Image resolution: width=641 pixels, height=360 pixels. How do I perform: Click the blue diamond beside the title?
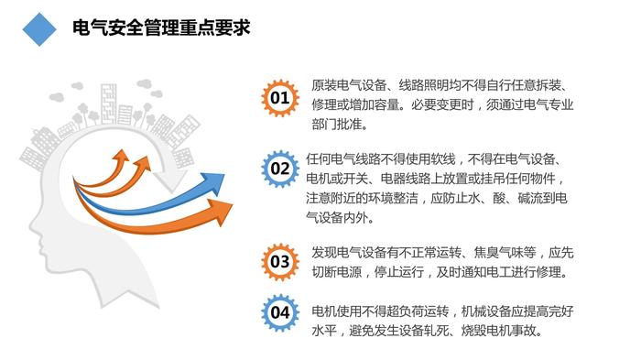pyautogui.click(x=39, y=29)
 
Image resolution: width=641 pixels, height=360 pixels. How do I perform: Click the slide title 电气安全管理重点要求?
pyautogui.click(x=161, y=27)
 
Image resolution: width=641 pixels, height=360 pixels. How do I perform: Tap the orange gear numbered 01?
pyautogui.click(x=280, y=98)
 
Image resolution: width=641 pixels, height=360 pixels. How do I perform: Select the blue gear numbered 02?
pyautogui.click(x=280, y=169)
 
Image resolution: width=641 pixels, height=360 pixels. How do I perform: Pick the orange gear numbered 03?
pyautogui.click(x=280, y=261)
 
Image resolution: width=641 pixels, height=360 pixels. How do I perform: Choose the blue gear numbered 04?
pyautogui.click(x=280, y=313)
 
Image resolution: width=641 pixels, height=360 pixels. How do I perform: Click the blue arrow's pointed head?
pyautogui.click(x=213, y=183)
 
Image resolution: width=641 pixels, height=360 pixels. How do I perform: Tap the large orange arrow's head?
pyautogui.click(x=221, y=212)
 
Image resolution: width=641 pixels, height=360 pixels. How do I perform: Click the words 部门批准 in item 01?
pyautogui.click(x=337, y=125)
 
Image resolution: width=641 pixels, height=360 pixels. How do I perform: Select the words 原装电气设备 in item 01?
pyautogui.click(x=349, y=85)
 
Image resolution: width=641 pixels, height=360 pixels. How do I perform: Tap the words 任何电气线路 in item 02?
pyautogui.click(x=343, y=159)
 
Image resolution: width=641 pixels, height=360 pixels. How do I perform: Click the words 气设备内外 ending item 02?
pyautogui.click(x=337, y=218)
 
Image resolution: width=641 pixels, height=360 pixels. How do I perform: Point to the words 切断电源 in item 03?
pyautogui.click(x=337, y=272)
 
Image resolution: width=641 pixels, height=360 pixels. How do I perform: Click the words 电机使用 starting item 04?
pyautogui.click(x=337, y=311)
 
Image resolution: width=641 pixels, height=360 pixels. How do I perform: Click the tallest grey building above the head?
pyautogui.click(x=109, y=104)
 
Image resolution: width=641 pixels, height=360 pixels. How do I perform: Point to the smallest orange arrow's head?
pyautogui.click(x=122, y=156)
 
